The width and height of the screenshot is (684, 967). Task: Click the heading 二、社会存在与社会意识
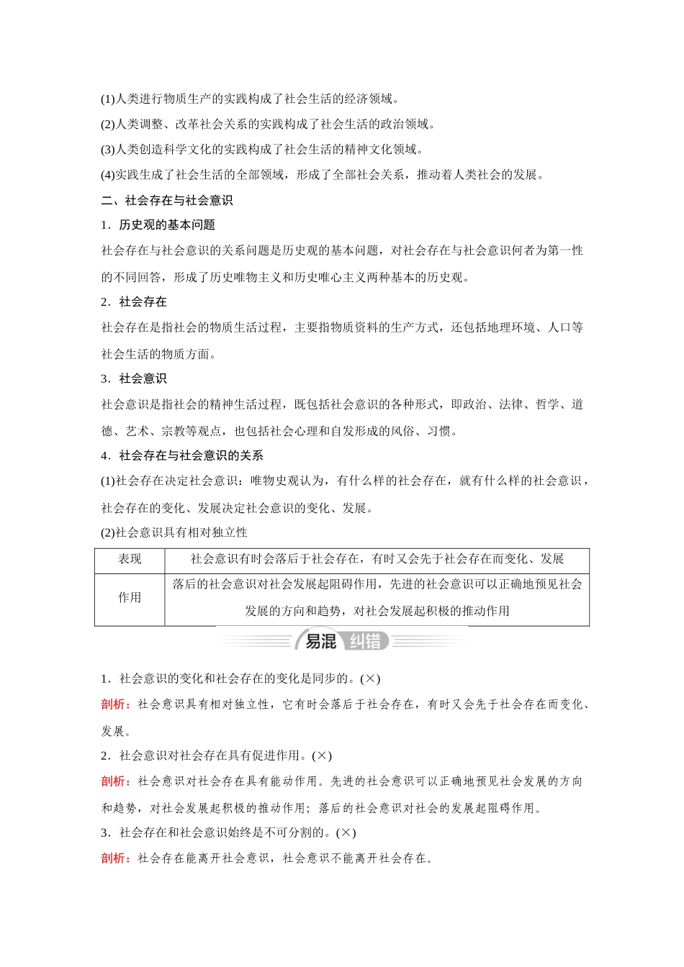pos(166,200)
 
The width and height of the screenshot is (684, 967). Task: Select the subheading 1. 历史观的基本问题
pos(158,225)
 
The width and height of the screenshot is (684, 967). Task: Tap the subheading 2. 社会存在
pos(134,302)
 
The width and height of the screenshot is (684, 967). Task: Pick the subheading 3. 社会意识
pos(134,379)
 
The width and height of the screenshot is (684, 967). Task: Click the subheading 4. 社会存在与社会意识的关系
pos(182,456)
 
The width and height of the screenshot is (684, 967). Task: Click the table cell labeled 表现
pos(130,559)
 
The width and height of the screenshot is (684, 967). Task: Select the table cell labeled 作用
pos(130,598)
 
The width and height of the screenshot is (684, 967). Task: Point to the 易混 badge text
pos(321,641)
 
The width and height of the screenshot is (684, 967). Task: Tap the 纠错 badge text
pos(365,641)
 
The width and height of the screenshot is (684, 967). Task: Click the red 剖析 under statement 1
pos(115,704)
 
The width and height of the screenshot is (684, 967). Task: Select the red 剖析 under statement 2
pos(115,781)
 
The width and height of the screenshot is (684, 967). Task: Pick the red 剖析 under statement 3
pos(115,858)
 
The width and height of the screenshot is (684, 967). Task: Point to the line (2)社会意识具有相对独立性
pos(174,532)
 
